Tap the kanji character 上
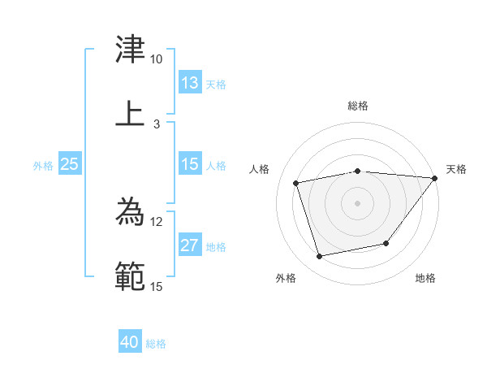click(131, 112)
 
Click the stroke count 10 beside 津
click(156, 59)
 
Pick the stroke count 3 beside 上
click(156, 124)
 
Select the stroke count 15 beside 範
click(156, 286)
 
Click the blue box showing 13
click(190, 83)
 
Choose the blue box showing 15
click(190, 164)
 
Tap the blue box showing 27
click(190, 245)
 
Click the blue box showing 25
click(70, 164)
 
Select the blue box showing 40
click(130, 342)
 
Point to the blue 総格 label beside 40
click(157, 344)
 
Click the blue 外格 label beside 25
click(43, 166)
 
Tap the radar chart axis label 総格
click(358, 106)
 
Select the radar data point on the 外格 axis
click(320, 257)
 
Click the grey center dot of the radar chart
click(358, 202)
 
